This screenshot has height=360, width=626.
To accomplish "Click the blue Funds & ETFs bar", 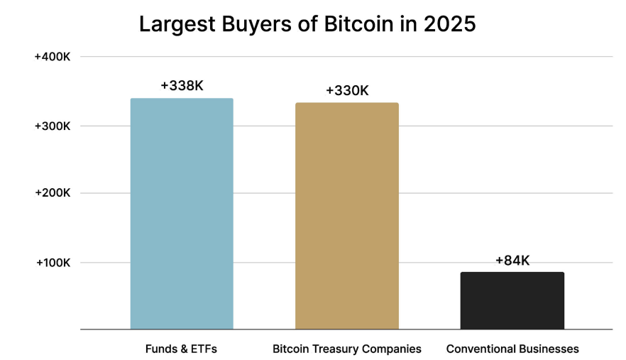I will coord(182,213).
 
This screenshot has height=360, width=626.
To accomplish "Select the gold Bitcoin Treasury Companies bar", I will coord(347,216).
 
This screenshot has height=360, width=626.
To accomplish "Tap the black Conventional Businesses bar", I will coord(512,300).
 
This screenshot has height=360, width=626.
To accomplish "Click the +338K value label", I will coord(182,86).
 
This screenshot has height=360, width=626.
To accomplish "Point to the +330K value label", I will coord(347,91).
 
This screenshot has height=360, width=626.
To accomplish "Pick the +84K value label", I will coord(512,261).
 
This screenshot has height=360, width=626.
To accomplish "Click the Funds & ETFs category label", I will coord(181,349).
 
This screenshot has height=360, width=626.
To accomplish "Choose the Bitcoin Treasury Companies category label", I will coord(347,349).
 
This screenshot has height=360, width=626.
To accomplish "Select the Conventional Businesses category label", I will coord(512,349).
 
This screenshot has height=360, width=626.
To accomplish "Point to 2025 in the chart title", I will coord(449,24).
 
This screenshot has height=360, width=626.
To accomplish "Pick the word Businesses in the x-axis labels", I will coord(549,349).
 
